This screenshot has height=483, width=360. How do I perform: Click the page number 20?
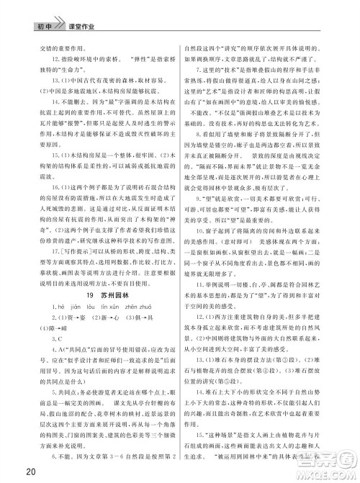point(10,471)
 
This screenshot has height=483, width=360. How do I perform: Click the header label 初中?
point(27,9)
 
